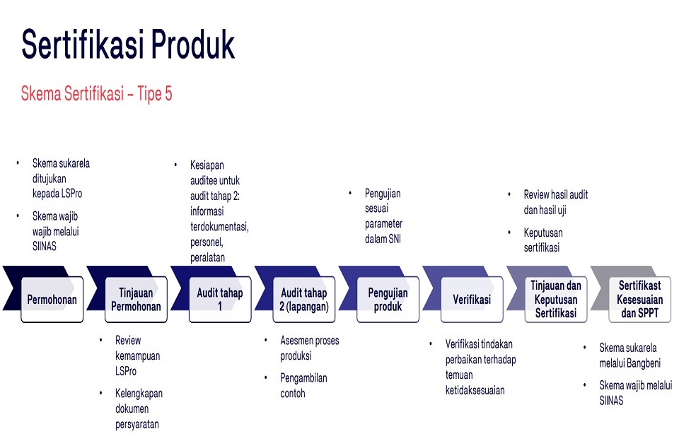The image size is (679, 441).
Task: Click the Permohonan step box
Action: point(52,300)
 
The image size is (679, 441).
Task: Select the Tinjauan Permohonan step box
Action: point(136,300)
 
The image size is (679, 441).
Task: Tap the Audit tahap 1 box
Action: point(220,300)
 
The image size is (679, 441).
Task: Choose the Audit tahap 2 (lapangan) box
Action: point(304,300)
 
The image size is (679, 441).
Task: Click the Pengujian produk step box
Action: point(388,300)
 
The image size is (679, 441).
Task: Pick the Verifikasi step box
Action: point(472,300)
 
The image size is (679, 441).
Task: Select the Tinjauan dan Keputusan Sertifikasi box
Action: point(556,300)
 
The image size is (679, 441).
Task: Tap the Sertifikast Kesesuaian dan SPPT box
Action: point(640,300)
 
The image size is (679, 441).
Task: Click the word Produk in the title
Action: point(192,44)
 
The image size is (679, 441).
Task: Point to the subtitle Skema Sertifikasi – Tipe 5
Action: point(97,93)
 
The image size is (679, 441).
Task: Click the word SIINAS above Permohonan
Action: point(45,246)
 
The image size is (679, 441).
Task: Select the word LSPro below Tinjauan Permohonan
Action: point(126,371)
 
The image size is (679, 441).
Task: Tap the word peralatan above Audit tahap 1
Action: point(207,257)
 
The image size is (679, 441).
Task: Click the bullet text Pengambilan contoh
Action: point(303,386)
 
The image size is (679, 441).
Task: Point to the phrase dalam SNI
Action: point(383,239)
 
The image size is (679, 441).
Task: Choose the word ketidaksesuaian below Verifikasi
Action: point(475,390)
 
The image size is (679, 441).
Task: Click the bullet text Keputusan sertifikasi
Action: point(543,240)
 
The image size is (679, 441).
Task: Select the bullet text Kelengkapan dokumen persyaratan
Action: point(139,408)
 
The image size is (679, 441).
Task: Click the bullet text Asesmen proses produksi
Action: point(310,348)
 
